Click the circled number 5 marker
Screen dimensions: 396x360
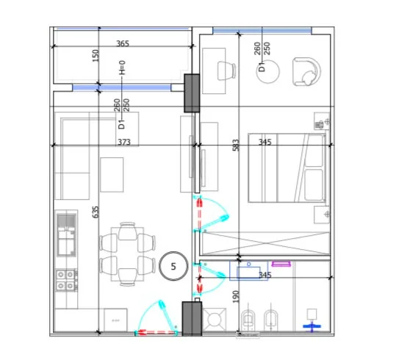173,266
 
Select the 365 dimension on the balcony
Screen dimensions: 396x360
123,43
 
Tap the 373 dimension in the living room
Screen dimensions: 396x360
124,142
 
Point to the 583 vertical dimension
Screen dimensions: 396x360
235,145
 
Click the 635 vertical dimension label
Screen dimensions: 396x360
96,212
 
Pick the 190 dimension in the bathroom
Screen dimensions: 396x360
235,297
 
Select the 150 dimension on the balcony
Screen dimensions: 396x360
96,56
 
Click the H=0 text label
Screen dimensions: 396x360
122,68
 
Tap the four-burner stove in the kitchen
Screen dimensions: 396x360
65,280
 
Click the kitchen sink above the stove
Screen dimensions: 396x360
66,235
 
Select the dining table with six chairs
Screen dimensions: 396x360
128,254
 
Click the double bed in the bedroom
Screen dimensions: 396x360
287,168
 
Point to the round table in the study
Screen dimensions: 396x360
268,71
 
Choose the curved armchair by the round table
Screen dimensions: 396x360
306,72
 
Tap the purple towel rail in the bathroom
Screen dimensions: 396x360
281,264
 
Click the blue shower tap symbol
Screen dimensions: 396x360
312,326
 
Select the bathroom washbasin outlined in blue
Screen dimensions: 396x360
248,271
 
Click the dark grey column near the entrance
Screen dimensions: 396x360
192,319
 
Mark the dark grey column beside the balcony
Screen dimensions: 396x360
192,93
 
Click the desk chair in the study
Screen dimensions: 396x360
226,71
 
